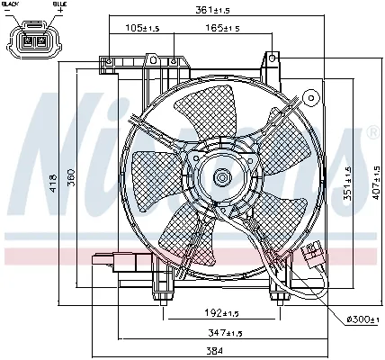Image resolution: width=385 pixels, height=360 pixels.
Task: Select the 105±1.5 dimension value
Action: [142, 28]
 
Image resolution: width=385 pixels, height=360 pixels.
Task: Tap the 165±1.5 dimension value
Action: [221, 28]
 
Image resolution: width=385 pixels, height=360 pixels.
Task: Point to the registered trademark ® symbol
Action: [372, 132]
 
